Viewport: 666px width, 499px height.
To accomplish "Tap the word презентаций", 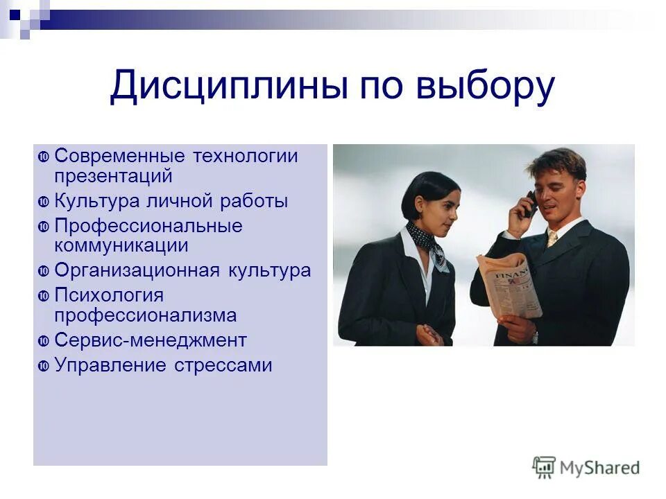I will [113, 176].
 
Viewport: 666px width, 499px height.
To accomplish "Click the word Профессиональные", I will [148, 227].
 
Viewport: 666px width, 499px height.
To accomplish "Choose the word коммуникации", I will [121, 245].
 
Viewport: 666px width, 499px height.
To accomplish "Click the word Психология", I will [109, 296].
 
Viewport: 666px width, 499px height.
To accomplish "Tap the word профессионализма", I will [146, 315].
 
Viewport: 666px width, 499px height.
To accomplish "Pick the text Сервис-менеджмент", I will [151, 340].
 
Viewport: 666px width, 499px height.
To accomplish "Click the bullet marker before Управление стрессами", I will [43, 366].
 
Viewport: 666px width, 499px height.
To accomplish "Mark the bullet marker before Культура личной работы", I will [43, 202].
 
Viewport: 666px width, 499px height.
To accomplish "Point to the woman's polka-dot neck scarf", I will [425, 243].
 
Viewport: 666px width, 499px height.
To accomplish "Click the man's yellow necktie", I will [552, 239].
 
